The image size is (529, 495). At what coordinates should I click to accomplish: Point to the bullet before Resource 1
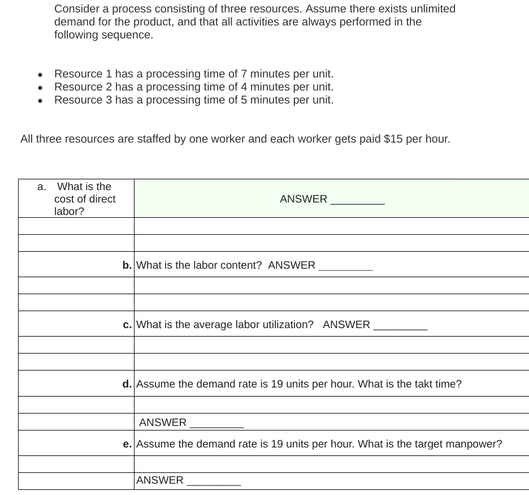(40, 75)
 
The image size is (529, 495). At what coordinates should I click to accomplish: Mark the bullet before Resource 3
(40, 101)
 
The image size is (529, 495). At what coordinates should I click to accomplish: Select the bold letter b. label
(127, 265)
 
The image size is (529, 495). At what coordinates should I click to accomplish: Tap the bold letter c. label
(127, 324)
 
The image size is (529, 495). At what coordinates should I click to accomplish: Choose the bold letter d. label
(127, 384)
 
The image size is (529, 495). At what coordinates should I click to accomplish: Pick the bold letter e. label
(127, 444)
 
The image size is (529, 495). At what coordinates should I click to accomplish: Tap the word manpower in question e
(472, 444)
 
